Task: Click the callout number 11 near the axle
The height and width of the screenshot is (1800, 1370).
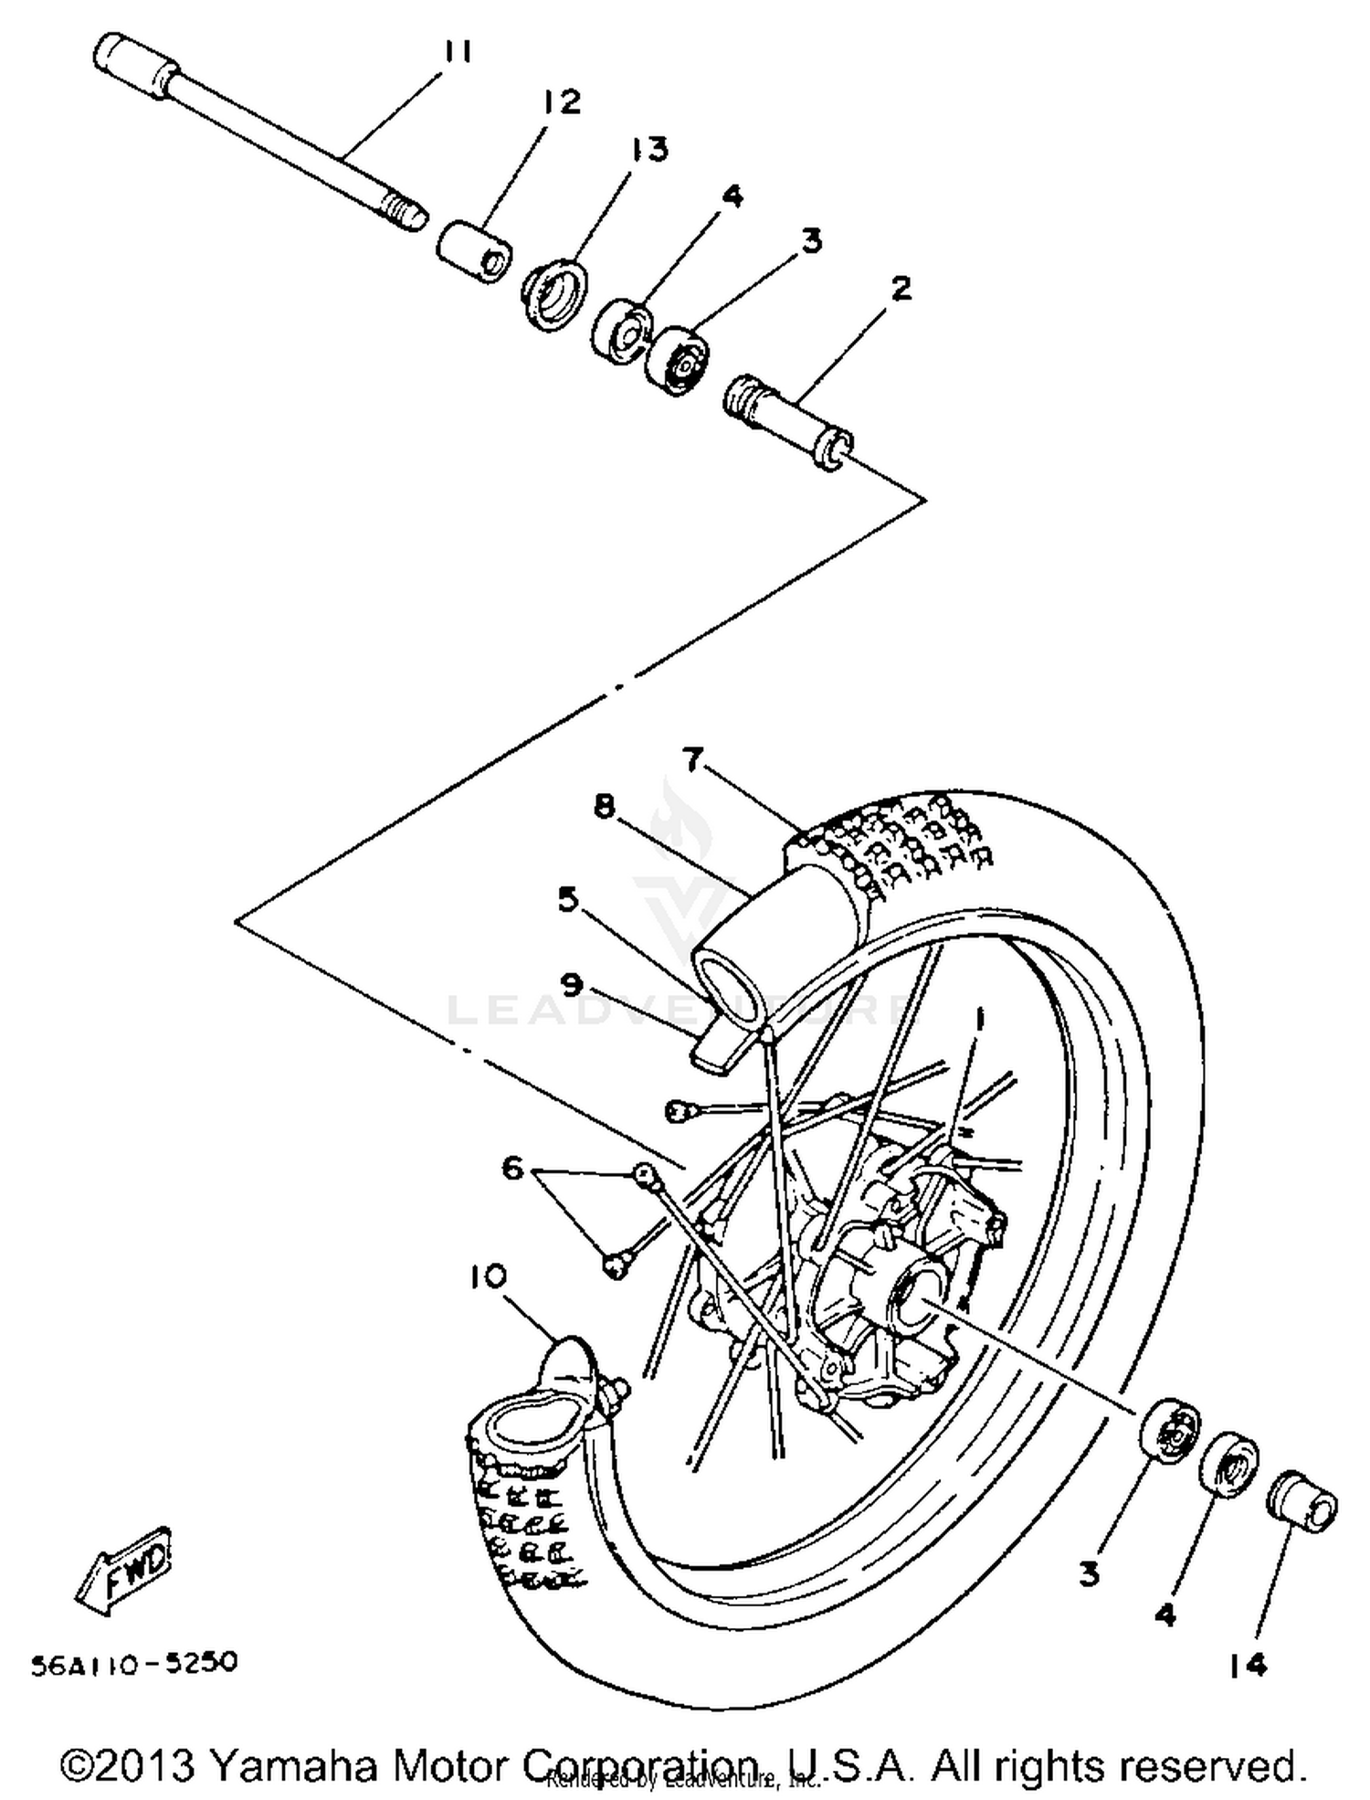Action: click(458, 52)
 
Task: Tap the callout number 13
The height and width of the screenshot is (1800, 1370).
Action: click(648, 149)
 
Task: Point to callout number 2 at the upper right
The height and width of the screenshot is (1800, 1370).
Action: click(900, 290)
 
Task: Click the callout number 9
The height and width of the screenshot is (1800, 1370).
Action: click(571, 984)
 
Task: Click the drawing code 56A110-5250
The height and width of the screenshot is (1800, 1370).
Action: click(134, 1662)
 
